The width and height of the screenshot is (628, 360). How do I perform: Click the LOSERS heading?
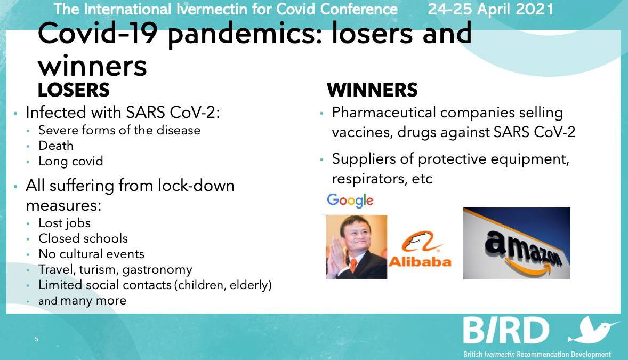74,90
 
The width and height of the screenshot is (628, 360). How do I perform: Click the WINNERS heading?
373,90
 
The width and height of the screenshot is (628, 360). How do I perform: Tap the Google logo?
350,201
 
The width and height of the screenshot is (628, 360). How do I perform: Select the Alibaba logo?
420,250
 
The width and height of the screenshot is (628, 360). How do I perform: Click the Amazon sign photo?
517,243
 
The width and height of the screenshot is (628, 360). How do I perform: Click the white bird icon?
594,330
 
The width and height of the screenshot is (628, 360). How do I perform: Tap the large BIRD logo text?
506,331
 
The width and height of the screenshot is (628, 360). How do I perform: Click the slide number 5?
36,339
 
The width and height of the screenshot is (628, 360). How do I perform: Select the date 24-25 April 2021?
490,9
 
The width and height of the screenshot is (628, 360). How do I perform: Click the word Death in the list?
56,146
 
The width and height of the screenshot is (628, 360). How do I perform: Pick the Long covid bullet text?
71,161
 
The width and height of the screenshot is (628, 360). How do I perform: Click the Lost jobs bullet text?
65,223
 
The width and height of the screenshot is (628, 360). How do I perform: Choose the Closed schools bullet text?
83,238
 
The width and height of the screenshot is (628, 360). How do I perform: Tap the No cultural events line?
91,254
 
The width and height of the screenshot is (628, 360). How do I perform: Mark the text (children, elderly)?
223,285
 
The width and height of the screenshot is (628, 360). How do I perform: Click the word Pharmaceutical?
384,113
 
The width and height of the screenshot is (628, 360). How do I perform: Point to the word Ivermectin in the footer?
500,354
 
